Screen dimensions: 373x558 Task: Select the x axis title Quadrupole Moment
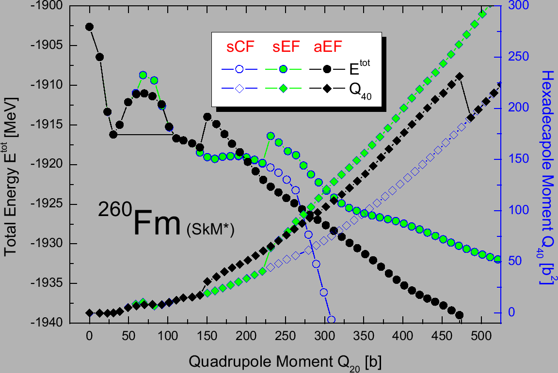click(287, 361)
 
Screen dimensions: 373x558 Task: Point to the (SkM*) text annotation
click(210, 231)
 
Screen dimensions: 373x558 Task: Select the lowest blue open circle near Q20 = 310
click(331, 320)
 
